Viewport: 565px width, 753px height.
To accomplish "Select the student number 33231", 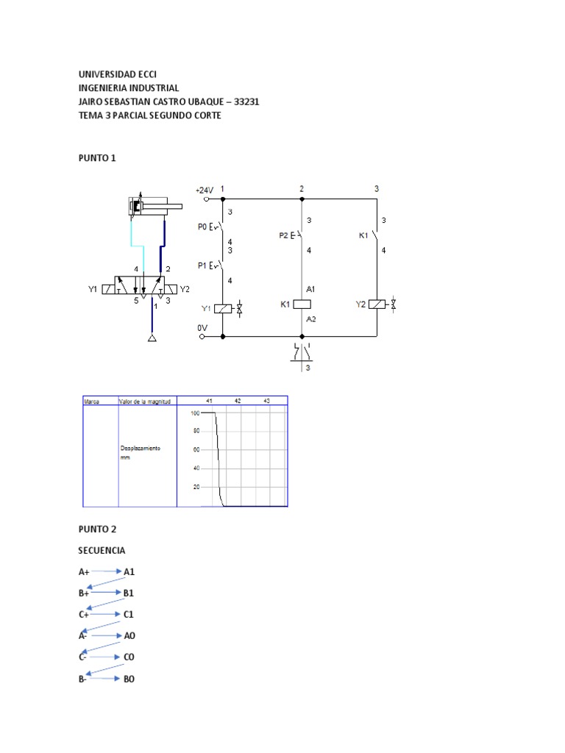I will click(246, 101).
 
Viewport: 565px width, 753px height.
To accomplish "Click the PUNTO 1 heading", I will click(97, 158).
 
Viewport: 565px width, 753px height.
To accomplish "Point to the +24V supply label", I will click(203, 190).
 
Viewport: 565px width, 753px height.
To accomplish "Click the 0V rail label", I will click(202, 328).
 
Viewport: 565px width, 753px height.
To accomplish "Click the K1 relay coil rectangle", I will click(302, 304).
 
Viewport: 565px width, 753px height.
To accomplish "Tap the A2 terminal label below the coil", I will click(310, 319).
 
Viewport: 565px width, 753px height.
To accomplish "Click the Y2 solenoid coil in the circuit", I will click(377, 304).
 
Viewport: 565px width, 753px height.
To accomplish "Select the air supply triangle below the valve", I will click(152, 338).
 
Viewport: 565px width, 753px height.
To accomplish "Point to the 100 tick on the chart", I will click(195, 413).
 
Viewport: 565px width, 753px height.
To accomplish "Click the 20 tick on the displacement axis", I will click(196, 487).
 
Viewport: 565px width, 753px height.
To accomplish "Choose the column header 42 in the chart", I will click(238, 401).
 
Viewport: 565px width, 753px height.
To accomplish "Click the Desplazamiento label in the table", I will click(140, 448).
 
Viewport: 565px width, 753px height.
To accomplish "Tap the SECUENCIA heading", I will click(102, 550).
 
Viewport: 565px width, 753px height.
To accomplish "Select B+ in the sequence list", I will click(84, 593).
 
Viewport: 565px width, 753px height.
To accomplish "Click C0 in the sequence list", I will click(129, 657).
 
